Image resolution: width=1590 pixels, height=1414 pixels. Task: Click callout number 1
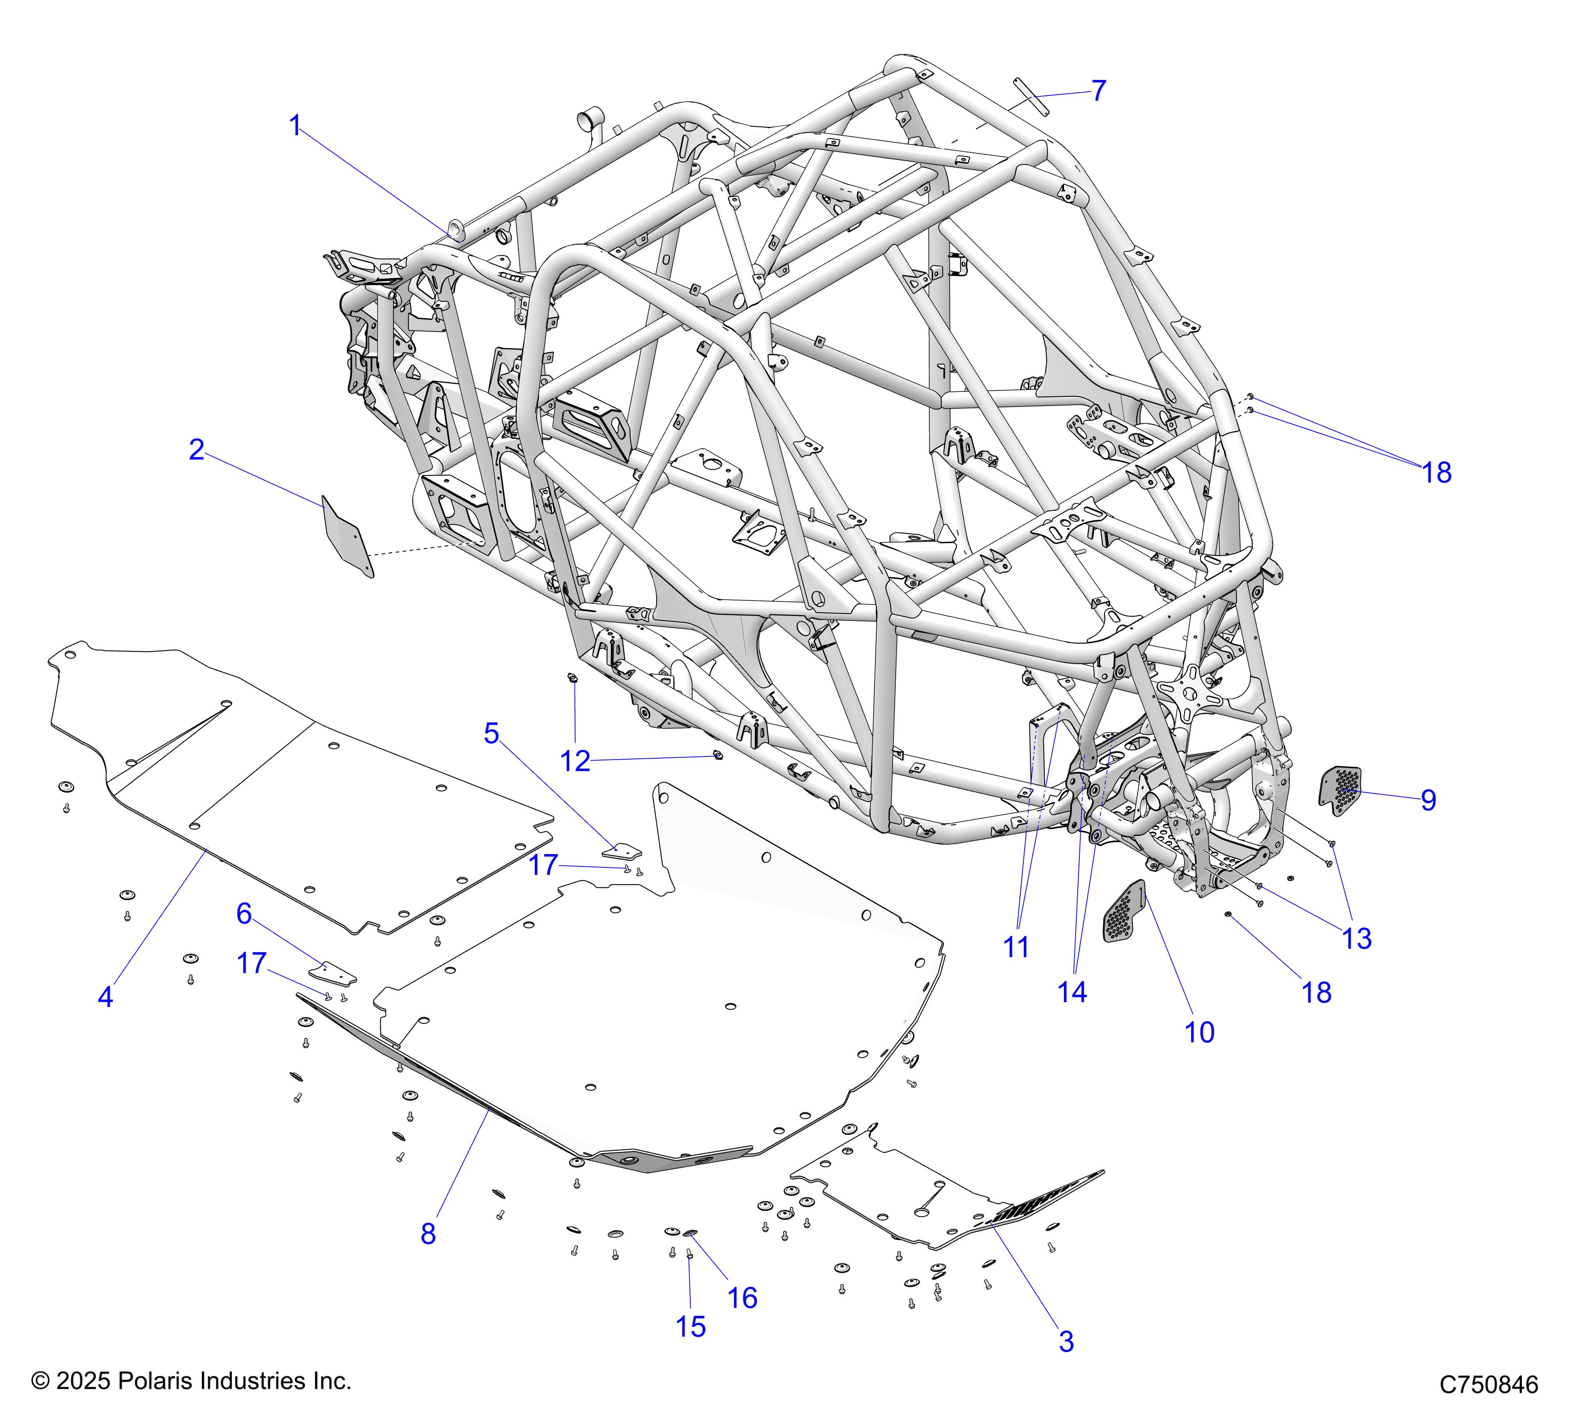295,125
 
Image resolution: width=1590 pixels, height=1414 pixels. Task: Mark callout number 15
691,1327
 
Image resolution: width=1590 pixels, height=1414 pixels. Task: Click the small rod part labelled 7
1031,96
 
